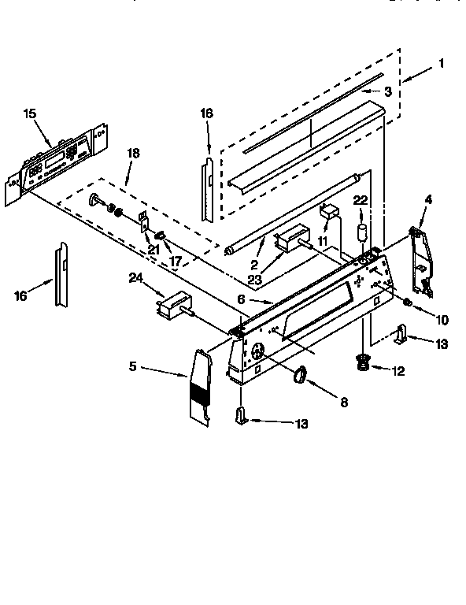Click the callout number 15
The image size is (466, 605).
click(30, 114)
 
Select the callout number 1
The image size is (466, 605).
click(442, 63)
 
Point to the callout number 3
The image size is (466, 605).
click(388, 91)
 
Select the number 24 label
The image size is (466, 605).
click(137, 277)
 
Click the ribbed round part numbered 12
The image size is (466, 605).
click(363, 362)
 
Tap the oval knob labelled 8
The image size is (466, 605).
click(300, 377)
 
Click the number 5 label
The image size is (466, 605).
click(134, 366)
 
